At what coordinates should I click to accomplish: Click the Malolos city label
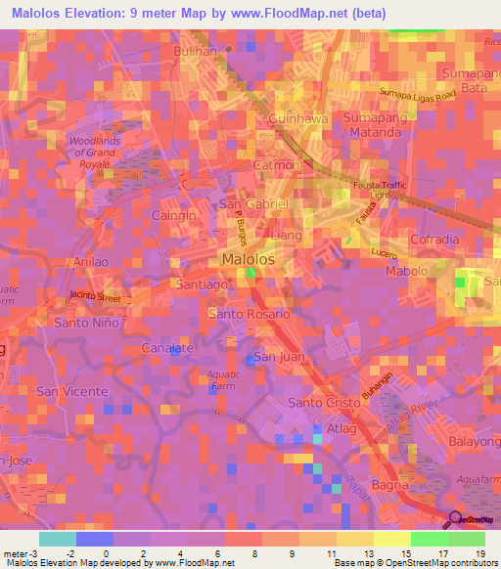point(247,259)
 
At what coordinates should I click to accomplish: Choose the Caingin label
point(174,215)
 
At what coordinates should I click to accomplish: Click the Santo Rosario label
point(249,314)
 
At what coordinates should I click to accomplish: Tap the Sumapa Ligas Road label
point(420,95)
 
